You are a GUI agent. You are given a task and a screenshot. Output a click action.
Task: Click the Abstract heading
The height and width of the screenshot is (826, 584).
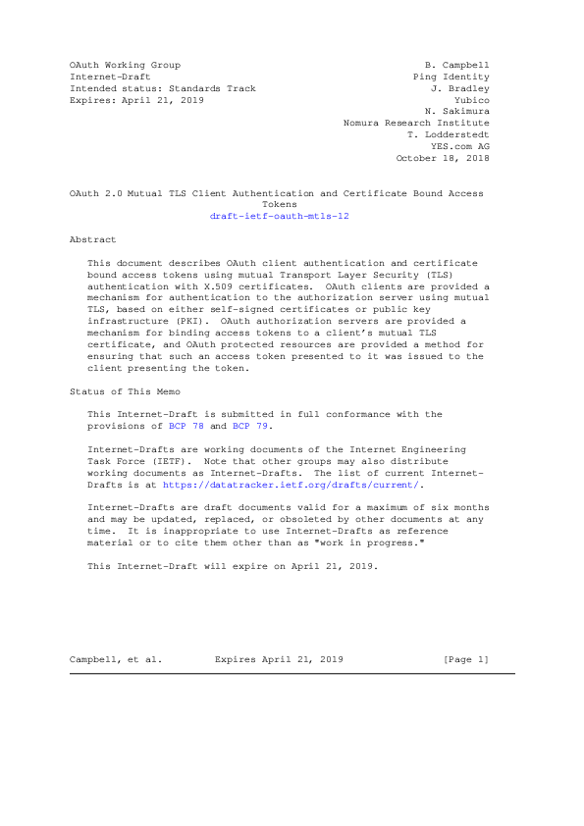click(x=92, y=239)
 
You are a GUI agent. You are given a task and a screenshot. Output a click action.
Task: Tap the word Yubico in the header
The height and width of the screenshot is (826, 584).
click(x=472, y=100)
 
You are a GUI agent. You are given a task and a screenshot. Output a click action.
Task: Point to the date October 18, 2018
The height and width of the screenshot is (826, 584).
click(x=442, y=158)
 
